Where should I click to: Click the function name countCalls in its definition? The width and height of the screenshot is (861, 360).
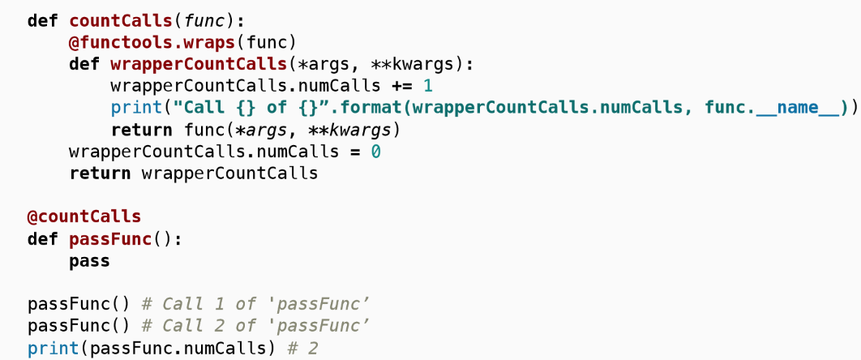pyautogui.click(x=120, y=20)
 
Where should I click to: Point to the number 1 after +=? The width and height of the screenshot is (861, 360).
pyautogui.click(x=428, y=86)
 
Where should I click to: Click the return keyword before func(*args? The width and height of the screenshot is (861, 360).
pyautogui.click(x=141, y=130)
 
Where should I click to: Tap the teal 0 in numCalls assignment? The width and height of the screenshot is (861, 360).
pyautogui.click(x=375, y=152)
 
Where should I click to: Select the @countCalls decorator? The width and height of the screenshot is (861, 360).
pyautogui.click(x=84, y=217)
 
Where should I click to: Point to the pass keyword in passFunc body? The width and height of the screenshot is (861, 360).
pyautogui.click(x=89, y=261)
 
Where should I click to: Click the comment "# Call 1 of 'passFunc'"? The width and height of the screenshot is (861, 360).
pyautogui.click(x=255, y=305)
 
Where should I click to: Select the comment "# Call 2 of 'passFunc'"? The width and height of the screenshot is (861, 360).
pyautogui.click(x=255, y=327)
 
